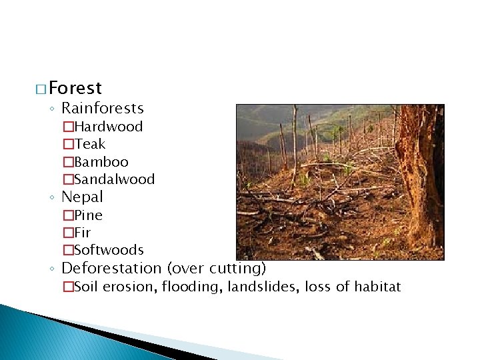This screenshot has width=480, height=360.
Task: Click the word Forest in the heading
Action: click(75, 88)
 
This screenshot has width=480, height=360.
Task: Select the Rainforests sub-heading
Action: click(102, 108)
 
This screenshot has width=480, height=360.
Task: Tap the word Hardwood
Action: click(108, 127)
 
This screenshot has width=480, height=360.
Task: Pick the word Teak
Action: click(90, 144)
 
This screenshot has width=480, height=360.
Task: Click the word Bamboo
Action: click(101, 162)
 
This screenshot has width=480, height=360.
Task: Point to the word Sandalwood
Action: click(114, 179)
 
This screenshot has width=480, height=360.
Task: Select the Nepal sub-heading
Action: click(82, 197)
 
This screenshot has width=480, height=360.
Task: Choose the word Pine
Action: click(88, 215)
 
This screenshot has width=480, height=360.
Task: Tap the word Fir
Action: click(83, 233)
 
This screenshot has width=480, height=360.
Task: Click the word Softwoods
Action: click(109, 250)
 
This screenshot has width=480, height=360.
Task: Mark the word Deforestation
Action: click(111, 269)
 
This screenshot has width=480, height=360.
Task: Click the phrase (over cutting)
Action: click(217, 269)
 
